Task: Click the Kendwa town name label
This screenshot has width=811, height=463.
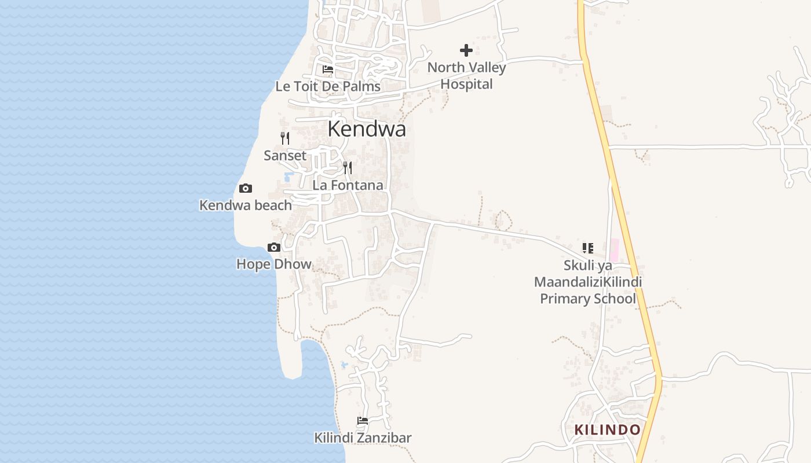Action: [367, 129]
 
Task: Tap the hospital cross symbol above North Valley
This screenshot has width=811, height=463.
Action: [466, 50]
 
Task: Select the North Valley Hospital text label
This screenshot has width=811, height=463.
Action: [466, 76]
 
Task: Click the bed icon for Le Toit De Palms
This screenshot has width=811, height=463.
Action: [328, 69]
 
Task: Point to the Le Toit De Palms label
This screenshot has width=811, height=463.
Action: [328, 87]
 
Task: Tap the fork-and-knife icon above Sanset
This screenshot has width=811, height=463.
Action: [284, 138]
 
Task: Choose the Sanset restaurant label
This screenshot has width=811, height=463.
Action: [285, 156]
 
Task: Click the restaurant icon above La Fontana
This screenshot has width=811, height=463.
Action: [348, 168]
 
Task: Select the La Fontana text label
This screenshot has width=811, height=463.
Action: [348, 185]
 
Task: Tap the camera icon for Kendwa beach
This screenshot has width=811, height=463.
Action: [246, 189]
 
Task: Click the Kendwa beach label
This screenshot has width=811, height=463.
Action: [246, 205]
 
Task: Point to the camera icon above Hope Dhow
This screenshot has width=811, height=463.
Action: [274, 248]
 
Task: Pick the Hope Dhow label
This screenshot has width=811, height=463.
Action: [274, 264]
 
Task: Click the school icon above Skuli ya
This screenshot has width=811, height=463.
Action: [588, 248]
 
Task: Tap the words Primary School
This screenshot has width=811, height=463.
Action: [588, 299]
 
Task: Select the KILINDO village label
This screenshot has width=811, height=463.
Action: [607, 430]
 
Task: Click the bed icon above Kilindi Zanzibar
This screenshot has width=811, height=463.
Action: [363, 421]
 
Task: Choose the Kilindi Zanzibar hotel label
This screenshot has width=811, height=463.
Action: [363, 438]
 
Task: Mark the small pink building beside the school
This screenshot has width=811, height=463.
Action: [614, 249]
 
